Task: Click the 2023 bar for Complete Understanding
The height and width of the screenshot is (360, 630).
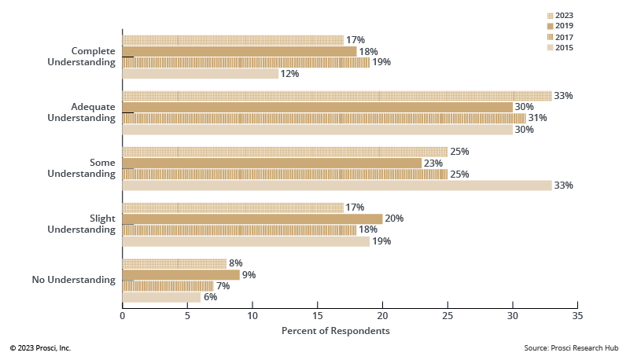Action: coord(233,40)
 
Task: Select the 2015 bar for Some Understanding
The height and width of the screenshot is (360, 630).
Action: coord(337,186)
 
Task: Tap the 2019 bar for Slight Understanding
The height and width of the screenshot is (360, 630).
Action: coord(252,219)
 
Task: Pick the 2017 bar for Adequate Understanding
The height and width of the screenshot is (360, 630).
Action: coord(324,118)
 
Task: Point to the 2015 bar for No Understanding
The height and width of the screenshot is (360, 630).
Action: coord(161,297)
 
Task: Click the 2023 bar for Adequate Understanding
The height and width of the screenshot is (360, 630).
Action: coord(337,96)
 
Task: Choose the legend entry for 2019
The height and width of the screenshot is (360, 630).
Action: coord(559,26)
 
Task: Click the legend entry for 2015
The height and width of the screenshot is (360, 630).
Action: coord(559,48)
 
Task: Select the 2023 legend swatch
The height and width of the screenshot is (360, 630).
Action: coord(550,15)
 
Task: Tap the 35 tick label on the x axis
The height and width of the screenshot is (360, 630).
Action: coord(577,315)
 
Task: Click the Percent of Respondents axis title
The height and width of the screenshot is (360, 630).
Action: coord(335,331)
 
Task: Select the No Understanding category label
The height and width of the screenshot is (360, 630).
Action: coord(73,280)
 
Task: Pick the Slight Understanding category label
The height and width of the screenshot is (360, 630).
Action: coord(82,224)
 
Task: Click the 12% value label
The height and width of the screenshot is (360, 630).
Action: coord(290,74)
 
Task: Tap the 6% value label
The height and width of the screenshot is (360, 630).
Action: coord(210,297)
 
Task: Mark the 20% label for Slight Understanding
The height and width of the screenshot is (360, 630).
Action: coord(394,219)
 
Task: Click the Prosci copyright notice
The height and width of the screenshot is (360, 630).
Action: coord(40,347)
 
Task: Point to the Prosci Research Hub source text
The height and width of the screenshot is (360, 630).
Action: coord(572,347)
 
